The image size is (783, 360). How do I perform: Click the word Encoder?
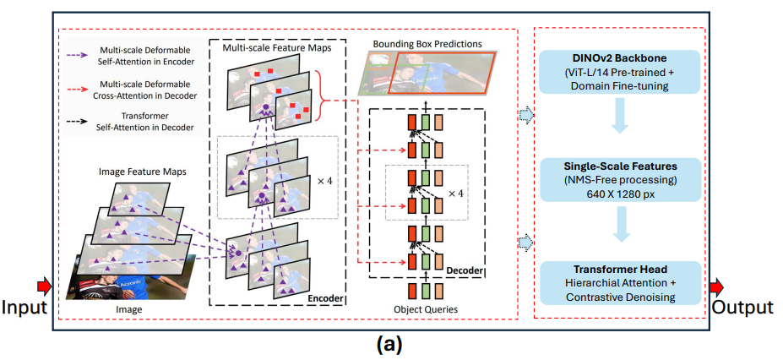(x=324, y=299)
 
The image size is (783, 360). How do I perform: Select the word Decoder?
(x=465, y=271)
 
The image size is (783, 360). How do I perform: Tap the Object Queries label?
(x=426, y=309)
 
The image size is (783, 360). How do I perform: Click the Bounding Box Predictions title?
(x=426, y=44)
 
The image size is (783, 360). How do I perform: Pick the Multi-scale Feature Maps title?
(x=277, y=48)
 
